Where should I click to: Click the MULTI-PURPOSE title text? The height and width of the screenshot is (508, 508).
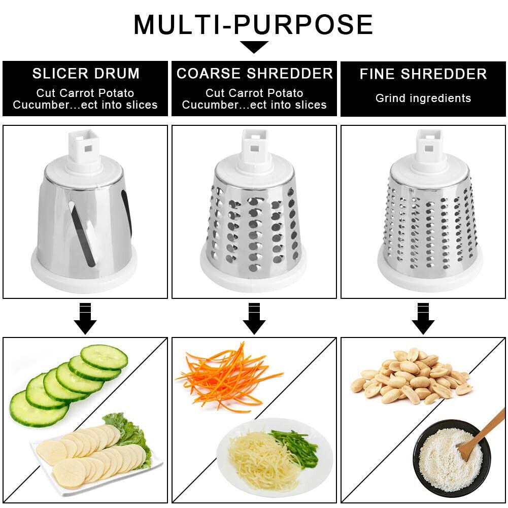tap(253, 25)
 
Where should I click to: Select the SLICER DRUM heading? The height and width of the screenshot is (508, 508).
tap(86, 74)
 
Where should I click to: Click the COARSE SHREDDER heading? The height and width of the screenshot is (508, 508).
tap(255, 74)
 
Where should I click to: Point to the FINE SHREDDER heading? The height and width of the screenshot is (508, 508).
tap(423, 74)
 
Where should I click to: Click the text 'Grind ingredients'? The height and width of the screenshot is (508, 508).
tap(423, 98)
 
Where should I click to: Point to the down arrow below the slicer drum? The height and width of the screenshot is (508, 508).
tap(85, 319)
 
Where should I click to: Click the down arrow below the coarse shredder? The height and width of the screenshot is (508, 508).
tap(254, 319)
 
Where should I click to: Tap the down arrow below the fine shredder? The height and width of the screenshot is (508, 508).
tap(423, 319)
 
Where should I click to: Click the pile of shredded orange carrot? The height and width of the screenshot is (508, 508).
tap(228, 378)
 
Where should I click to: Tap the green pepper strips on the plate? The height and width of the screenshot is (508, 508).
tap(294, 447)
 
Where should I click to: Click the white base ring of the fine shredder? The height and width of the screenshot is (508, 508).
tap(430, 276)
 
